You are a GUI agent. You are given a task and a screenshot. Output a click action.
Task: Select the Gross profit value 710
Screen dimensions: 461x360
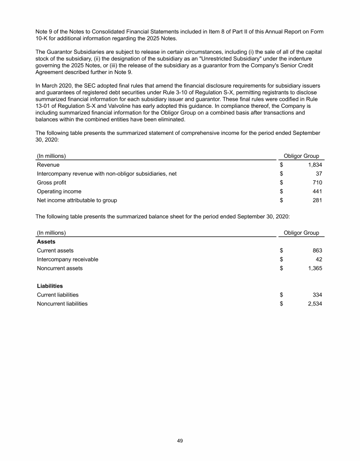[317, 183]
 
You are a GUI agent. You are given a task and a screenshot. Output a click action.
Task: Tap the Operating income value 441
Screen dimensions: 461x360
[317, 192]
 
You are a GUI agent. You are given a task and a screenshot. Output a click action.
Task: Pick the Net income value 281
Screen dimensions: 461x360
[317, 201]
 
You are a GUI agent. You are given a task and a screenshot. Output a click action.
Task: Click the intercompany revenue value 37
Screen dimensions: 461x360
[319, 174]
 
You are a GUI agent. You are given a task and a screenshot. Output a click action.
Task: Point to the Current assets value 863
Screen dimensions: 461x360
[317, 251]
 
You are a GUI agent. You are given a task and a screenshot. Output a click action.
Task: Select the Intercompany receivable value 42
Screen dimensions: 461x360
[319, 260]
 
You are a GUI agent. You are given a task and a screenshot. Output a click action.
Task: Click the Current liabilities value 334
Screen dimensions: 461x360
[317, 295]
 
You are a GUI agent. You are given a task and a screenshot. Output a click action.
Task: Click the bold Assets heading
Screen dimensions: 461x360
[46, 242]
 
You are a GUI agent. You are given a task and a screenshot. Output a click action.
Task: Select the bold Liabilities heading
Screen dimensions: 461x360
[50, 286]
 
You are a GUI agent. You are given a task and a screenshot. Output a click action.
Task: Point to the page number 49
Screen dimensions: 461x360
[180, 440]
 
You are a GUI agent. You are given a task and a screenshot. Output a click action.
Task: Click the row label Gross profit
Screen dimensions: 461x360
[52, 183]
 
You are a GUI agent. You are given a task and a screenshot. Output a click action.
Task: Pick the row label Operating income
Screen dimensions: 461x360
[59, 192]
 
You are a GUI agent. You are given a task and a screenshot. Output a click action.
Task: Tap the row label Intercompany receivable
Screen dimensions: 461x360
[67, 260]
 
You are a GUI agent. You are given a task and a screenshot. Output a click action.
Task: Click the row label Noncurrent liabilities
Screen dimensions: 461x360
[62, 304]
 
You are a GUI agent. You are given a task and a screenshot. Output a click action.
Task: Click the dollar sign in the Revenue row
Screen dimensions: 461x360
[282, 165]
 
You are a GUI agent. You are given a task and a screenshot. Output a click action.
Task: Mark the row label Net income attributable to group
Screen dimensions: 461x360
[77, 201]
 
